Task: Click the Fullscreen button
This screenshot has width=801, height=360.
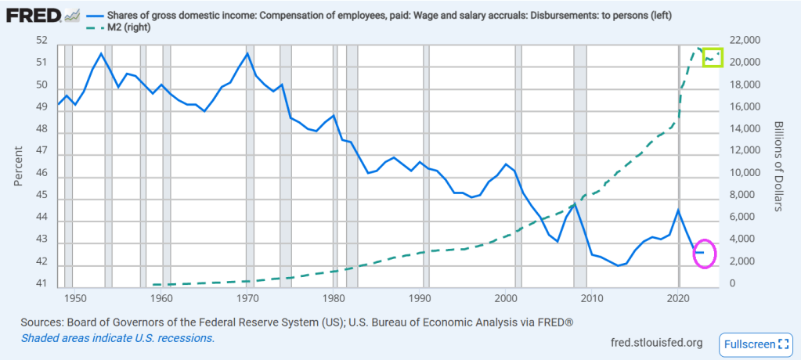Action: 756,343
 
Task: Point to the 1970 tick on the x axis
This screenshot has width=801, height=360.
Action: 247,298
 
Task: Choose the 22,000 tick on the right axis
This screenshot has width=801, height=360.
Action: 745,41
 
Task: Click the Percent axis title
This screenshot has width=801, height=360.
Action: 18,163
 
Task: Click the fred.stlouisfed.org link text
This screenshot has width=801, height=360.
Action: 655,343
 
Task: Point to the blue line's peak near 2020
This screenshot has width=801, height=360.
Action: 678,210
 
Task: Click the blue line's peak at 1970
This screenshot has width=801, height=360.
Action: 247,53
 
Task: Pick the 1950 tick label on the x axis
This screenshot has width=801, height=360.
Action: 74,298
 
